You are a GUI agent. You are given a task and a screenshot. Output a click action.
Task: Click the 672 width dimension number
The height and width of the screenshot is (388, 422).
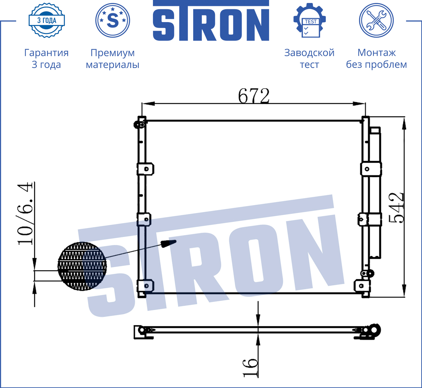click(x=254, y=96)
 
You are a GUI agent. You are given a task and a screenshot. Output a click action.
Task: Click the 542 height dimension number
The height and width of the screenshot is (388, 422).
click(x=396, y=208)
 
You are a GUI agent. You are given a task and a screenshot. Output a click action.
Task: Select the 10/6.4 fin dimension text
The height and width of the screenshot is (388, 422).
click(x=25, y=214)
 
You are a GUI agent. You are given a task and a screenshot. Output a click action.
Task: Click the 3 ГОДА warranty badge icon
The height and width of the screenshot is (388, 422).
click(x=47, y=20)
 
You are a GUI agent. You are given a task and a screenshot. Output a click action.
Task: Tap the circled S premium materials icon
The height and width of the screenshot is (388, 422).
click(x=112, y=20)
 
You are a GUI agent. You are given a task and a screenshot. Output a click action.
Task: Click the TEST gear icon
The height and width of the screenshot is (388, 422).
click(x=310, y=20)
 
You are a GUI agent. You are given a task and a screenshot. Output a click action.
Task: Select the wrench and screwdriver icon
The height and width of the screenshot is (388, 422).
click(x=377, y=20)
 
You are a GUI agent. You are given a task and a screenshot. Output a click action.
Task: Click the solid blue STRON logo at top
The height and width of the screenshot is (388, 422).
click(x=211, y=20)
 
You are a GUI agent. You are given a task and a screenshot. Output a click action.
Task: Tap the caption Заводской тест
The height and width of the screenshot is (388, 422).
click(x=309, y=58)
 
